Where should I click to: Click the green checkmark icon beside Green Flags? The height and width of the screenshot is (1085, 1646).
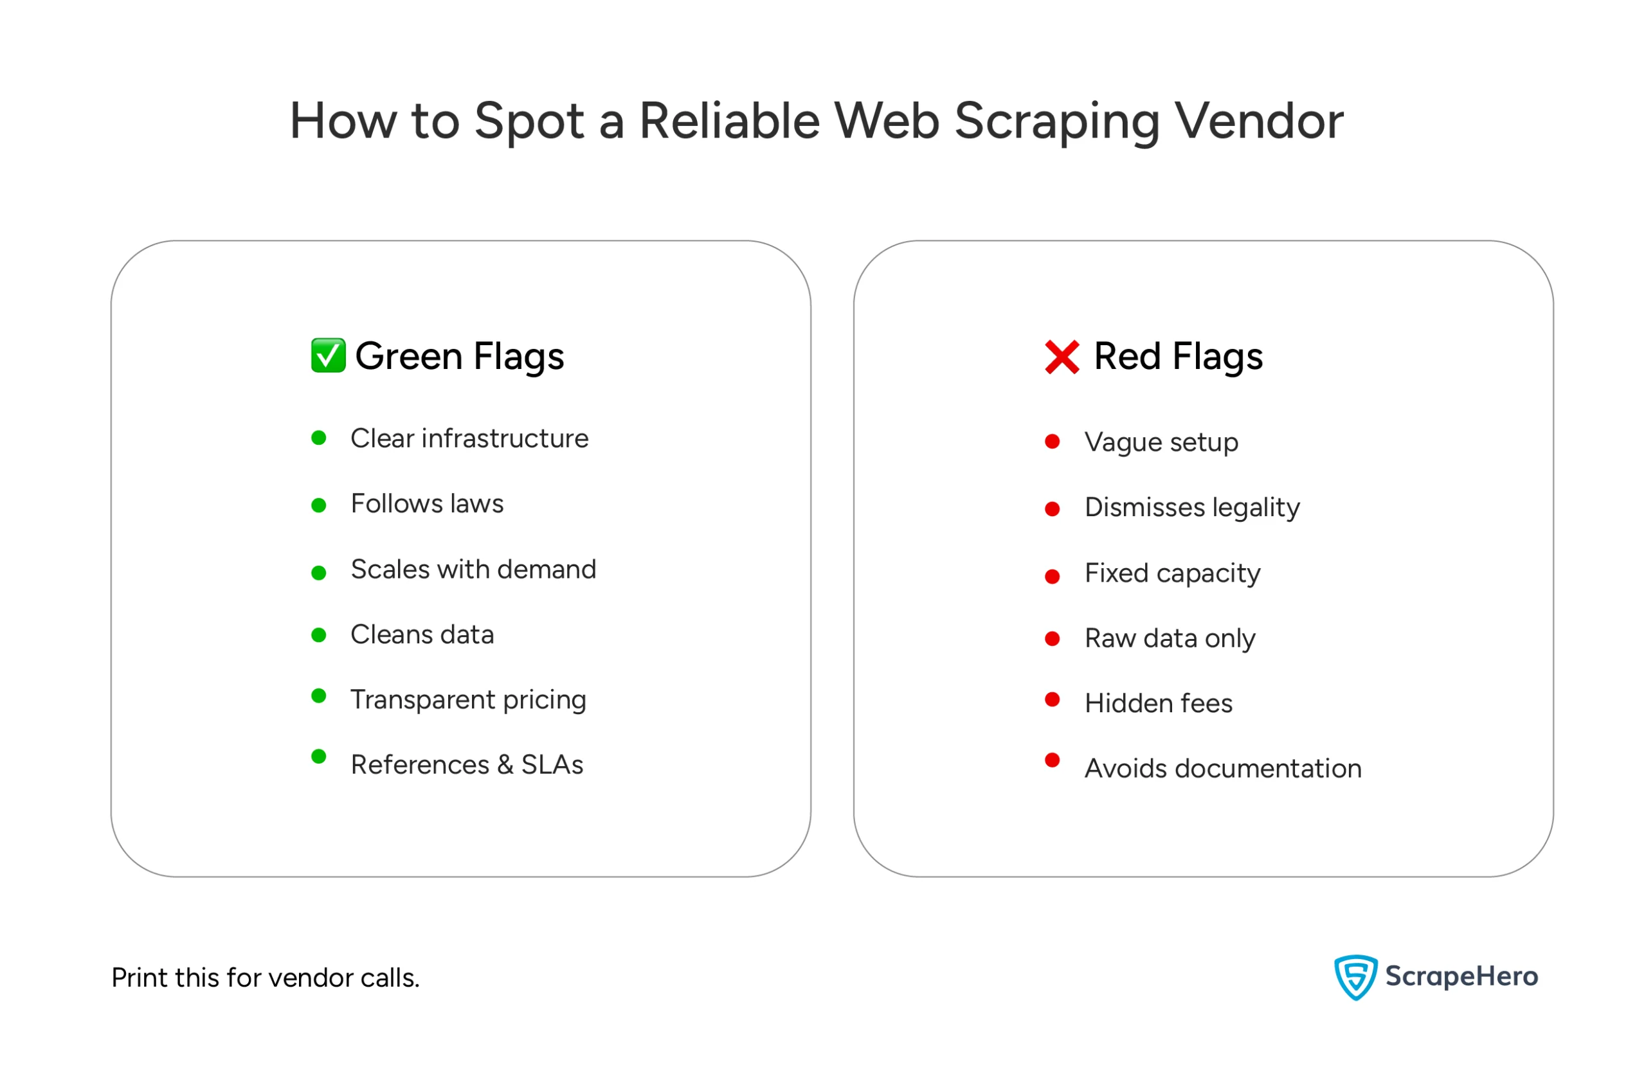(x=328, y=355)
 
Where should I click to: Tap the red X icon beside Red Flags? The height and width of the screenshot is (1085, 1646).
(x=1062, y=357)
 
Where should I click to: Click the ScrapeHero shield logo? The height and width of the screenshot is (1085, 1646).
(x=1355, y=977)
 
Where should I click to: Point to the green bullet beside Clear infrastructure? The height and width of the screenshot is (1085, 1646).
(x=318, y=438)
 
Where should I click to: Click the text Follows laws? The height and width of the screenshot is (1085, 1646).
(x=427, y=504)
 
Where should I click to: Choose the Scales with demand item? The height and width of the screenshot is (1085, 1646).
(x=473, y=569)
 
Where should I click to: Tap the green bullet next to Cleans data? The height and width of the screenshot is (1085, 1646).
(x=318, y=635)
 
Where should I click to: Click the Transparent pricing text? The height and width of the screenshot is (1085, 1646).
(x=469, y=700)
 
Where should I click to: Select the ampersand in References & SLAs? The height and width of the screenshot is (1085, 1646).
(x=505, y=766)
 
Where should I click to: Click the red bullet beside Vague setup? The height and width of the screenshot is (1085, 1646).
(x=1052, y=442)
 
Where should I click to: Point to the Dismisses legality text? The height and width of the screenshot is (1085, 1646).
(x=1192, y=508)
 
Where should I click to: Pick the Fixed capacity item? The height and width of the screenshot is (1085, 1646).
(x=1173, y=573)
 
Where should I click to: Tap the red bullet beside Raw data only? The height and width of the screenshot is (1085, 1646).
(x=1052, y=639)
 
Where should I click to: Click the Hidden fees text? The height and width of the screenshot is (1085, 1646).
(x=1159, y=704)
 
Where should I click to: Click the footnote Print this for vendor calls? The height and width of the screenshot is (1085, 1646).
(x=266, y=978)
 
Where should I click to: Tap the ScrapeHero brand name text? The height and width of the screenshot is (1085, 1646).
(x=1462, y=977)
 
